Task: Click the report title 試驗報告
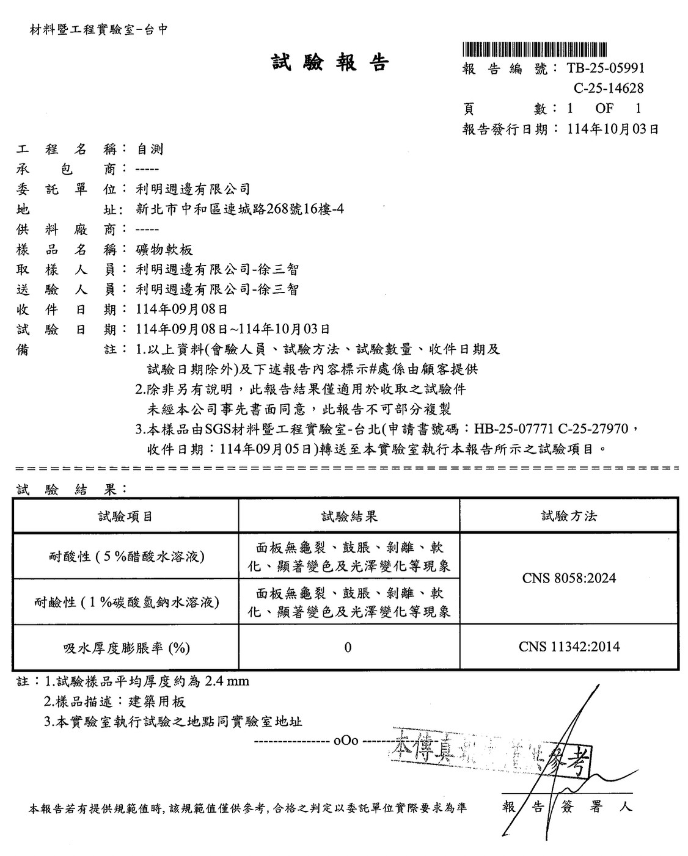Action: [x=330, y=62]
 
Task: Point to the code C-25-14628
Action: [x=608, y=89]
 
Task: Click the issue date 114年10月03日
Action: [x=613, y=129]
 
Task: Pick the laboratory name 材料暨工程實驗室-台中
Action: [x=98, y=29]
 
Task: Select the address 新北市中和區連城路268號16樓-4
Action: [x=240, y=209]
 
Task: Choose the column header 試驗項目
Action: [x=125, y=517]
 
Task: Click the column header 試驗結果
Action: [x=349, y=517]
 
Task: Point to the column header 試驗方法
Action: [x=568, y=517]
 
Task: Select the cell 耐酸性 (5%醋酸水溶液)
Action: [x=126, y=556]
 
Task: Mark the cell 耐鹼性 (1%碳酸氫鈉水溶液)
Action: [x=126, y=602]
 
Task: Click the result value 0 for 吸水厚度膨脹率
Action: [x=348, y=647]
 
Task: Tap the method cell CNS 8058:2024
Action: [x=569, y=578]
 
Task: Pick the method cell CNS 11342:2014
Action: [x=569, y=647]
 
